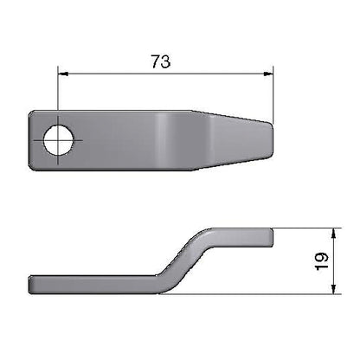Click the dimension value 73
pos(160,61)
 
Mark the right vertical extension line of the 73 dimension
pos(273,95)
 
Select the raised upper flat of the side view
pos(238,235)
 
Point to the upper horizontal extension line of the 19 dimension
pos(303,228)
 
